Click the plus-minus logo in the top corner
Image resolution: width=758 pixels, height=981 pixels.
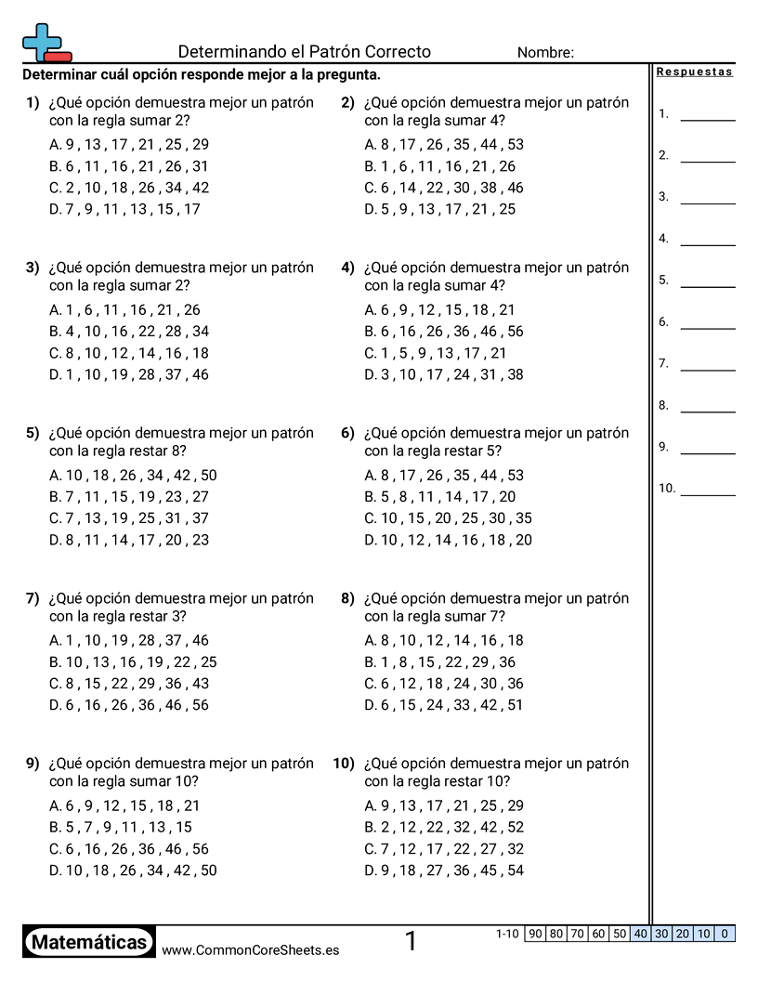click(x=45, y=43)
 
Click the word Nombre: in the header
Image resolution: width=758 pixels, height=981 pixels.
click(x=545, y=53)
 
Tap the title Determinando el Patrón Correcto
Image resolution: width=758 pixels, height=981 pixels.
click(x=304, y=52)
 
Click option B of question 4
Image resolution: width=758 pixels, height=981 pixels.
click(x=444, y=332)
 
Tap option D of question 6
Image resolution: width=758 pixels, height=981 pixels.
click(x=448, y=540)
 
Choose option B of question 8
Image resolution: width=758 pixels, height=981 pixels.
click(x=440, y=662)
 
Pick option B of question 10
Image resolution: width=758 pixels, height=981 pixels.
click(x=444, y=828)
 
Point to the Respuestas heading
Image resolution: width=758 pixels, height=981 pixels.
click(x=695, y=72)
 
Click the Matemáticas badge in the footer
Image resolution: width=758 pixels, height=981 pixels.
click(x=89, y=942)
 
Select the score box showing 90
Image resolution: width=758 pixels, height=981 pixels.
click(x=534, y=934)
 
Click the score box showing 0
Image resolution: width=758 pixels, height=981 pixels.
click(x=725, y=934)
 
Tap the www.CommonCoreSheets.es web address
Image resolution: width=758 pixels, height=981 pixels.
click(x=250, y=950)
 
